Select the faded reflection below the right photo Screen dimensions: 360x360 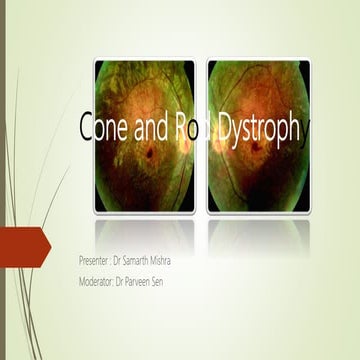click(258, 235)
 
